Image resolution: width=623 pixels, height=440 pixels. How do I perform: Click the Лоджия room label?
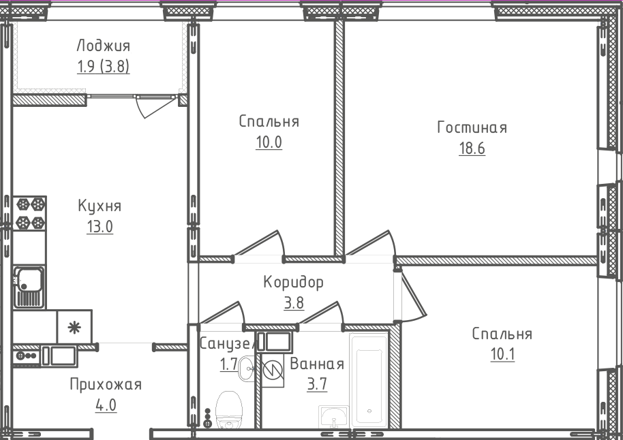(103, 46)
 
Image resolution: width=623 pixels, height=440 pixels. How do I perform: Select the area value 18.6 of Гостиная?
(472, 148)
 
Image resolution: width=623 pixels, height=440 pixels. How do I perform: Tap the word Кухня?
(100, 206)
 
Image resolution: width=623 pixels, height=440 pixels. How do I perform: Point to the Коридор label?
(293, 282)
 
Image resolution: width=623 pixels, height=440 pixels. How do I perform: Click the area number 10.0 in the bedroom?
(269, 142)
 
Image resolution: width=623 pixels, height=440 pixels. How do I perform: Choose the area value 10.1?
(502, 355)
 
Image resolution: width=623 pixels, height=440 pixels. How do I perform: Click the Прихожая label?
(106, 385)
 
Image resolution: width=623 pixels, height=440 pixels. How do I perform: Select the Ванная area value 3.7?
(317, 384)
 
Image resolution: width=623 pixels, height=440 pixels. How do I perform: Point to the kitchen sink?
(29, 285)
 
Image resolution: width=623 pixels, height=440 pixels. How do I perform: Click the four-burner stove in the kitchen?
(29, 213)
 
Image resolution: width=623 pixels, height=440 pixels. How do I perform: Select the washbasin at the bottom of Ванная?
(333, 416)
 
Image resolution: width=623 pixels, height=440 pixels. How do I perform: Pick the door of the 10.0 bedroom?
(259, 245)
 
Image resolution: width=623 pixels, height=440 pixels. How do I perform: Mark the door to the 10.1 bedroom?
(412, 296)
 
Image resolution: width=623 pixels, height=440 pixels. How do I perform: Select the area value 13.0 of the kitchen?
(100, 227)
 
